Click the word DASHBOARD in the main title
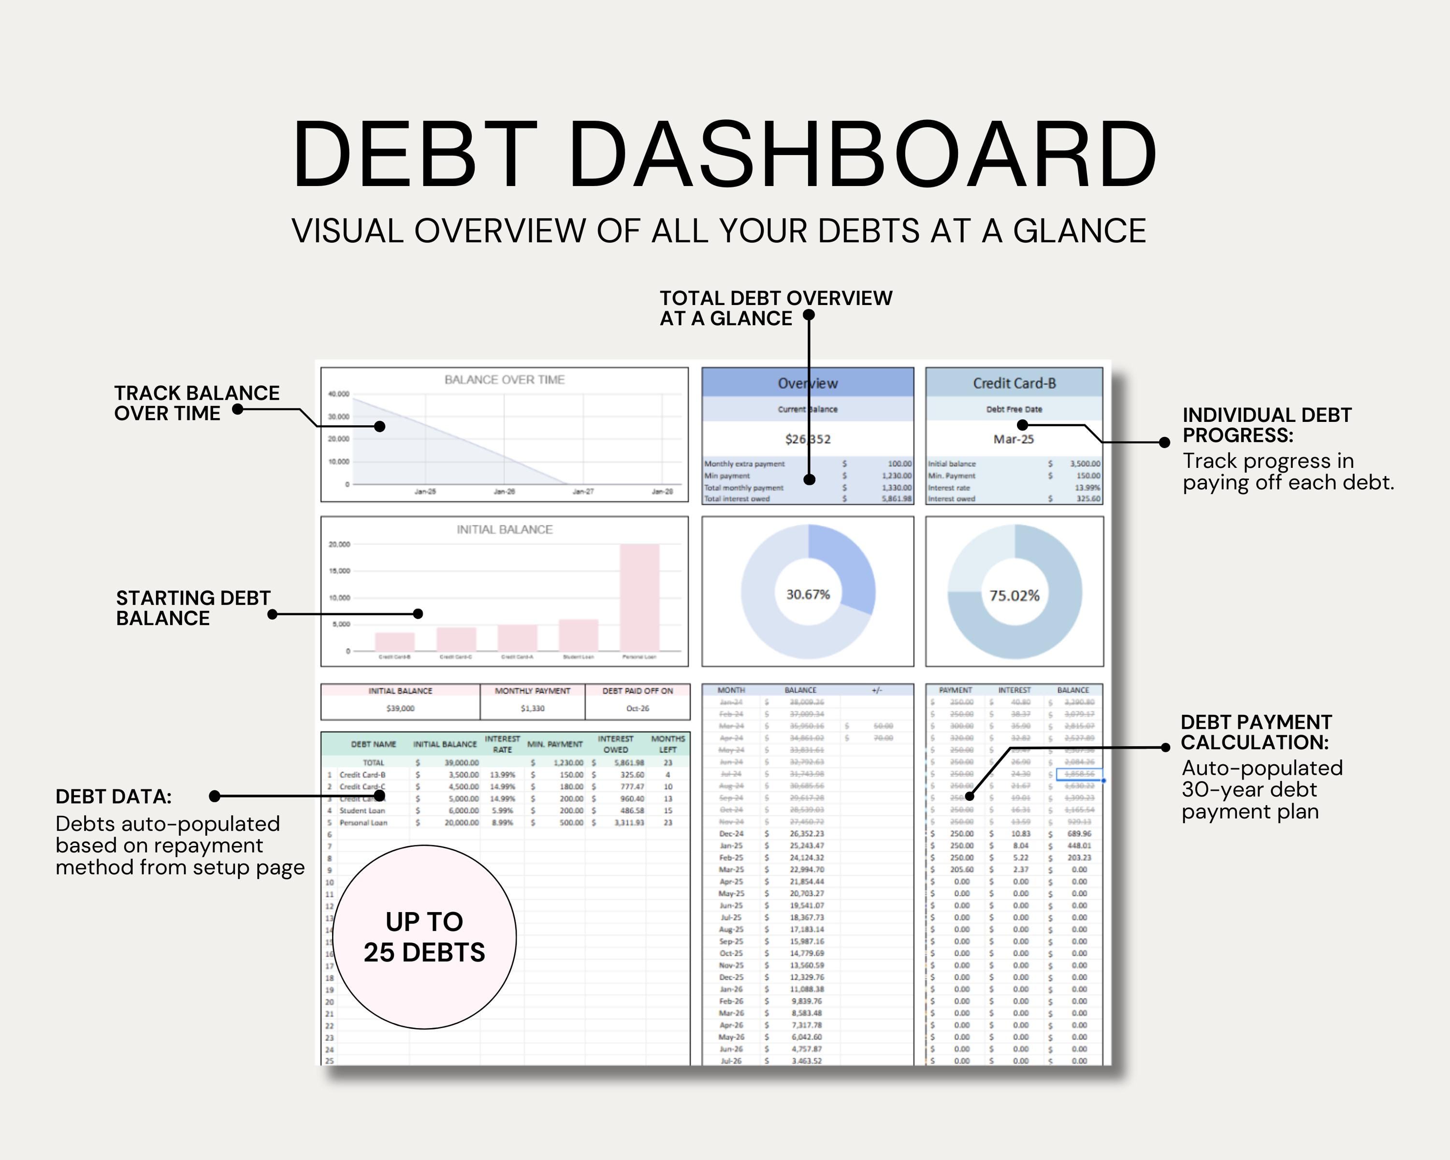pyautogui.click(x=862, y=156)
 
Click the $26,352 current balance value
pyautogui.click(x=808, y=439)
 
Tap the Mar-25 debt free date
pyautogui.click(x=1014, y=439)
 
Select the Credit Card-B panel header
pyautogui.click(x=1014, y=383)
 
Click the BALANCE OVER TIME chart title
pyautogui.click(x=505, y=380)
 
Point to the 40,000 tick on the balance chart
pyautogui.click(x=338, y=394)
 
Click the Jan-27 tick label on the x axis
pyautogui.click(x=583, y=492)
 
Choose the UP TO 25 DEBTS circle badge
pyautogui.click(x=424, y=937)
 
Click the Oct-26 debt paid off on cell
pyautogui.click(x=638, y=708)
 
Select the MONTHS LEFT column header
pyautogui.click(x=668, y=744)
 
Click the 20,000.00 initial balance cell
pyautogui.click(x=462, y=823)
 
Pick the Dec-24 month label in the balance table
pyautogui.click(x=731, y=834)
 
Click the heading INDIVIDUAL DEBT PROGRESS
pyautogui.click(x=1267, y=425)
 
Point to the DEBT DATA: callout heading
pyautogui.click(x=114, y=797)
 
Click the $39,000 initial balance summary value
pyautogui.click(x=400, y=708)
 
